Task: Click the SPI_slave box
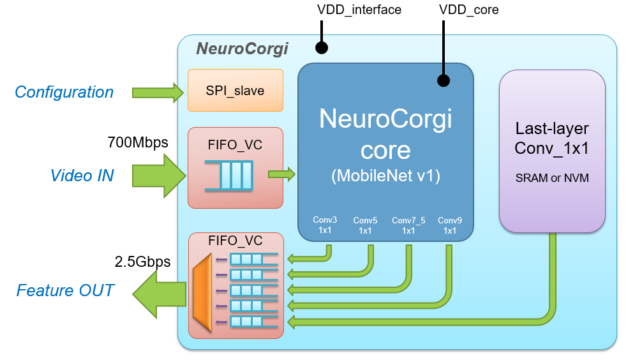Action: [x=235, y=91]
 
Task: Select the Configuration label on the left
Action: [x=64, y=92]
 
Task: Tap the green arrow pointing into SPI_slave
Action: [x=157, y=93]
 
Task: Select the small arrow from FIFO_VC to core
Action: [x=281, y=174]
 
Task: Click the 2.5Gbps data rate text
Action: [x=142, y=262]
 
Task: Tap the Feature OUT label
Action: [x=64, y=290]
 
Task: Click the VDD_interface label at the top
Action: [x=359, y=10]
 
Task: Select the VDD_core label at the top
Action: [x=468, y=10]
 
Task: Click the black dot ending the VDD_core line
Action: [x=443, y=80]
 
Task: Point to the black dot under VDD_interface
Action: [x=322, y=48]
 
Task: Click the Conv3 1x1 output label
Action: [x=324, y=225]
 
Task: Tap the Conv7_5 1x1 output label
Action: [x=408, y=225]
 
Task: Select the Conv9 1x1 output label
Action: [x=450, y=225]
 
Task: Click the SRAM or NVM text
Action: [x=552, y=178]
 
